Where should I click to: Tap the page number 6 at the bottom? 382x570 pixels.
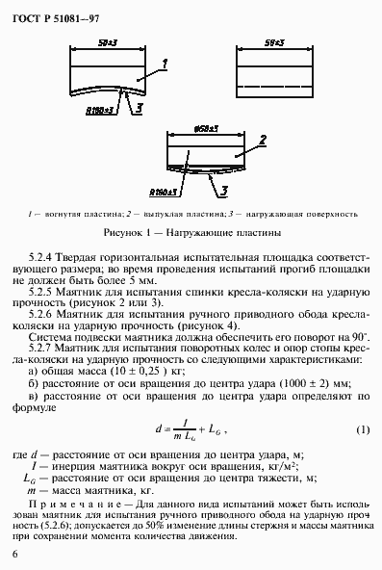click(14, 554)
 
